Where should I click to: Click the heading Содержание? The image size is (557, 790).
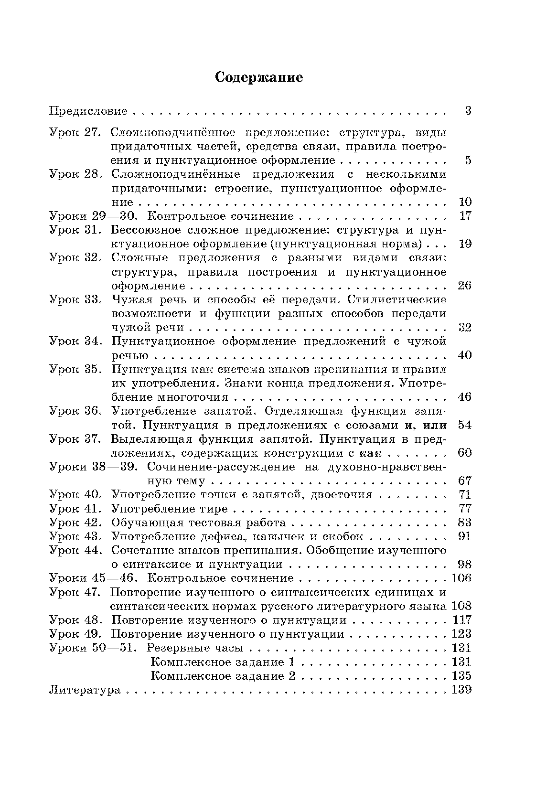coord(259,77)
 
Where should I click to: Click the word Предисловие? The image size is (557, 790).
coord(89,112)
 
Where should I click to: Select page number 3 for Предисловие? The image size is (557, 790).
coord(468,111)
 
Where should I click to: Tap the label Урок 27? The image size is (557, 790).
coord(76,132)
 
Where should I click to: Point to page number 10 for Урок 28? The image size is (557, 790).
coord(465,202)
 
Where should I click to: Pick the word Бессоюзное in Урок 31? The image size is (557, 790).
coord(141,230)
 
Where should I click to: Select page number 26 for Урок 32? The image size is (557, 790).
coord(465,286)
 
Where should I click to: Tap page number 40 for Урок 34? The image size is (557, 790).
coord(465,355)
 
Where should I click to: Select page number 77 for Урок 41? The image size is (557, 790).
coord(465,508)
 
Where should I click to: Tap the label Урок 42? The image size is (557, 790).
coord(76,522)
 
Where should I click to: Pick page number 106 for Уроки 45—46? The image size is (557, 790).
coord(461,578)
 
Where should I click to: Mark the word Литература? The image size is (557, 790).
coord(85,690)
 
